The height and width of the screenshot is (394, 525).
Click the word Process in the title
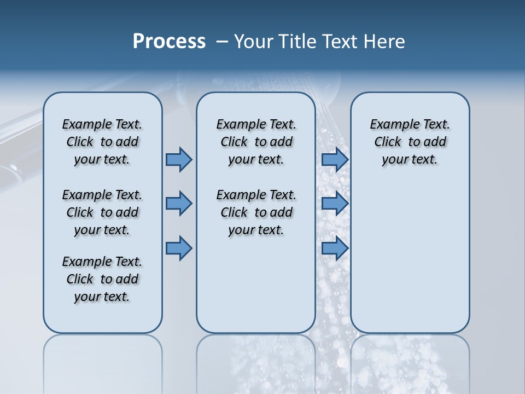(x=169, y=41)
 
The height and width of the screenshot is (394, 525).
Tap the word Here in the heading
(x=384, y=42)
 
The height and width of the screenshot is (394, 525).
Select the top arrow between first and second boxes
(x=179, y=160)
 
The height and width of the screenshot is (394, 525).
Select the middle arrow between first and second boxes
(x=179, y=204)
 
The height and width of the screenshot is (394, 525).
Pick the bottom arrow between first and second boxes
(x=179, y=248)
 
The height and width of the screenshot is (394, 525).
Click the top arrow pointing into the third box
(x=335, y=160)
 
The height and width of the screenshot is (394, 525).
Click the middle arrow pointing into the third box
(x=335, y=204)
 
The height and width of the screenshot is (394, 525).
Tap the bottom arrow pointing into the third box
(x=335, y=248)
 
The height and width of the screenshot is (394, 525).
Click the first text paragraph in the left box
(x=102, y=142)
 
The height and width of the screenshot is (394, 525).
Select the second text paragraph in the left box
(x=102, y=212)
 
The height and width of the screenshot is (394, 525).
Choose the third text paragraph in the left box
(x=102, y=279)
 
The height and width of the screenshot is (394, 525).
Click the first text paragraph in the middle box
(x=256, y=142)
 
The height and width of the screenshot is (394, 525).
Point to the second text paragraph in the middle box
(x=256, y=212)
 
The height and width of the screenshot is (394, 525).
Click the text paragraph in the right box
(x=410, y=142)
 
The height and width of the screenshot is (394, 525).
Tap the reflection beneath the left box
(x=102, y=361)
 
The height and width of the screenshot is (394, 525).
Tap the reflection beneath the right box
(x=410, y=361)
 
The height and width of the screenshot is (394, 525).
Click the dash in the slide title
(x=221, y=42)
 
